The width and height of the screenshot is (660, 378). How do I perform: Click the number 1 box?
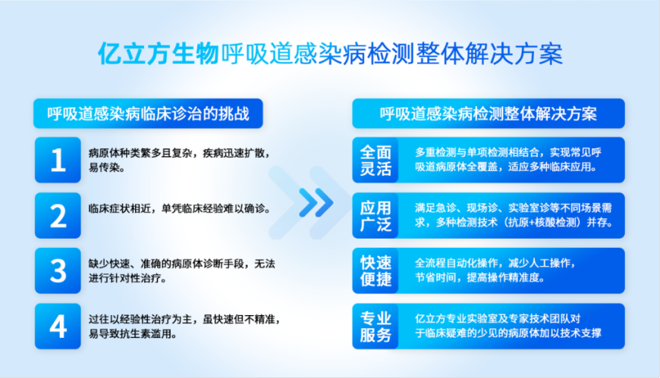pos(58,160)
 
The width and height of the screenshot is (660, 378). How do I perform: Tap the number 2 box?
pos(58,215)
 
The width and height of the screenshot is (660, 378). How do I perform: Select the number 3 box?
pos(58,270)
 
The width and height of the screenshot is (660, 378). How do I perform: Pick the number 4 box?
pos(58,326)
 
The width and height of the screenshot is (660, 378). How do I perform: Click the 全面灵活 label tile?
pos(376,160)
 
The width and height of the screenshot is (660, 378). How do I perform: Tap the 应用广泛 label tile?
pos(376,215)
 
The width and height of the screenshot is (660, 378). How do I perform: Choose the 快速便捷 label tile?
pos(376,270)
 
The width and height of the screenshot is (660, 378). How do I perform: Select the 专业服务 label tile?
pos(376,326)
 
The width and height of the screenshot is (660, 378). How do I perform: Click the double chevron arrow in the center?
pos(316,203)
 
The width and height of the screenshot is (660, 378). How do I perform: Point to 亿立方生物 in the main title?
pos(159,54)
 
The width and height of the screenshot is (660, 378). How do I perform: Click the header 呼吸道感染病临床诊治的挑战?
pos(148,114)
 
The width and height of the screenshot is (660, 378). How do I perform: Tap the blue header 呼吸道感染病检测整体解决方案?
pos(489,114)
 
